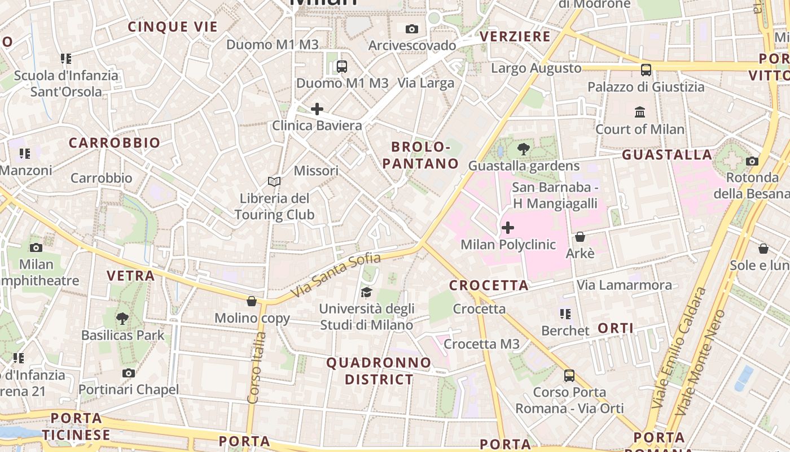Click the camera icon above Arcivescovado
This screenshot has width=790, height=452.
click(x=412, y=29)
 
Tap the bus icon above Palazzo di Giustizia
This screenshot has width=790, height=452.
click(x=646, y=70)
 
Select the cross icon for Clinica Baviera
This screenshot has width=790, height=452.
click(x=317, y=108)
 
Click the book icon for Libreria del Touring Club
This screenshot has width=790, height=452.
click(x=274, y=181)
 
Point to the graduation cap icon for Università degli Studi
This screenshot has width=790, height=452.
click(x=367, y=292)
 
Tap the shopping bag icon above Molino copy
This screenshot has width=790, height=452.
click(x=252, y=301)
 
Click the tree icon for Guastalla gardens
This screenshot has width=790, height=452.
click(x=524, y=149)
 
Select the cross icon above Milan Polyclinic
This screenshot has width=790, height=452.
click(x=508, y=228)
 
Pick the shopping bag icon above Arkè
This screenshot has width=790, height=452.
click(x=580, y=237)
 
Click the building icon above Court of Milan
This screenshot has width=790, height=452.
click(x=640, y=112)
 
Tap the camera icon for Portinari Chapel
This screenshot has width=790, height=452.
click(x=129, y=373)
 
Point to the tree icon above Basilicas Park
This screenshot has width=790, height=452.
click(x=122, y=319)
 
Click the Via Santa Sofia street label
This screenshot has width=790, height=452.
click(x=336, y=276)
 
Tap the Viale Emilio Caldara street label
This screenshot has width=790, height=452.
click(x=679, y=347)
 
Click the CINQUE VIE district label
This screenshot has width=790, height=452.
click(x=173, y=27)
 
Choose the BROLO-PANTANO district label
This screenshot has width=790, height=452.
click(x=420, y=155)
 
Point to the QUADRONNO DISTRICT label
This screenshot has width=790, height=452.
click(x=379, y=371)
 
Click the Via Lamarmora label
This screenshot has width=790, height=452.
click(x=624, y=285)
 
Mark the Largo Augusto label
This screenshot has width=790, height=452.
click(x=536, y=68)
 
